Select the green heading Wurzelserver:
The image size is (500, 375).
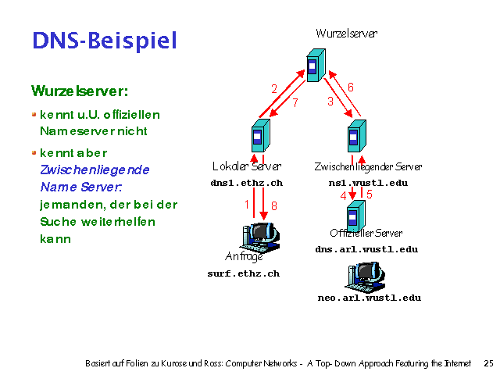point(80,91)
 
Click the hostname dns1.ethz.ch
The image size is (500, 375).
point(246,183)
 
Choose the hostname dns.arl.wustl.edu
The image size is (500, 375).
point(366,249)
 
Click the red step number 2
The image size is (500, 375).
point(274,89)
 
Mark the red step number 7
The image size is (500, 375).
point(295,102)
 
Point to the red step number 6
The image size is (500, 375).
point(351,87)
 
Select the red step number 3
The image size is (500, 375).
point(330,102)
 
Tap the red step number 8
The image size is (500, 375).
point(273,206)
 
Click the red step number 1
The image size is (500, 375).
point(247,205)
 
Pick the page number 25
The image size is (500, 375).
point(488,363)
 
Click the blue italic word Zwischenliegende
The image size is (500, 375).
point(95,170)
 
